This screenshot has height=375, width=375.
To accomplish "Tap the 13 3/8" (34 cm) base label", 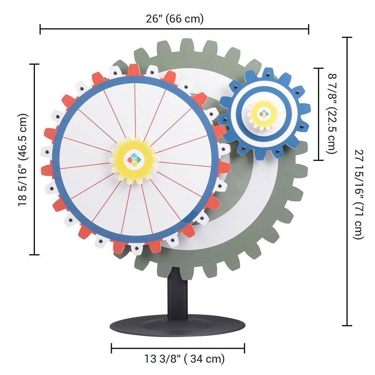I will point(184,359).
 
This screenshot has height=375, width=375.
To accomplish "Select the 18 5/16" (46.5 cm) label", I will point(23,159).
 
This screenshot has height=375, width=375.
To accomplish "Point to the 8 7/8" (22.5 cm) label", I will point(333,114).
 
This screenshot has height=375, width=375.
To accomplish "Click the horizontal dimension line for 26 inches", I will point(174,28).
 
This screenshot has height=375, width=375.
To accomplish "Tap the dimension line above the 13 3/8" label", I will point(178,348).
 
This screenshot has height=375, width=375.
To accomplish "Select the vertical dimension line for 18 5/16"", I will point(34,159).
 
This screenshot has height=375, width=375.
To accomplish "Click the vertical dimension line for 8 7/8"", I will point(319,114).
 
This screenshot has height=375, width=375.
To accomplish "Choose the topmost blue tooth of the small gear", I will point(267,73).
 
